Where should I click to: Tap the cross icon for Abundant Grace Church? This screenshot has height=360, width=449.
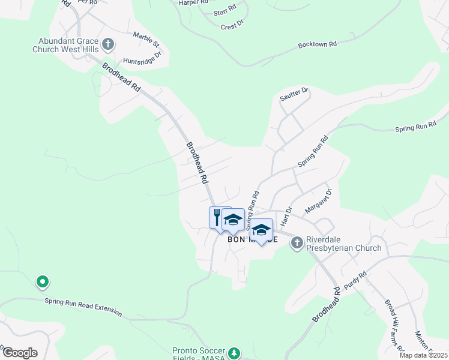point(108,44)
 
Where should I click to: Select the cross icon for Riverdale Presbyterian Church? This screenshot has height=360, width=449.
point(297,242)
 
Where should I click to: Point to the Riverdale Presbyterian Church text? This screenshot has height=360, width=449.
point(343,244)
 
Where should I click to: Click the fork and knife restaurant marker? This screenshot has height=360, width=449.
point(217,217)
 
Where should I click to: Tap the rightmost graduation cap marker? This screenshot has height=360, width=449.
point(262,230)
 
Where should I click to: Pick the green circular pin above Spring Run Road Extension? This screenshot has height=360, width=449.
point(42,281)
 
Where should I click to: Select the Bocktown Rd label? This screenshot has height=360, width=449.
point(318,45)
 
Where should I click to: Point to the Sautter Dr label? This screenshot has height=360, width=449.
point(294,93)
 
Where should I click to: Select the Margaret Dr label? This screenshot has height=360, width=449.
point(318,201)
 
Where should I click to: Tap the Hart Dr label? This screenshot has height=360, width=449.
point(286,215)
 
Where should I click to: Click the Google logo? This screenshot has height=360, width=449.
point(20,353)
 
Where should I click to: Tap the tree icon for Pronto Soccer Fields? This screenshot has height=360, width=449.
point(235,352)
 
